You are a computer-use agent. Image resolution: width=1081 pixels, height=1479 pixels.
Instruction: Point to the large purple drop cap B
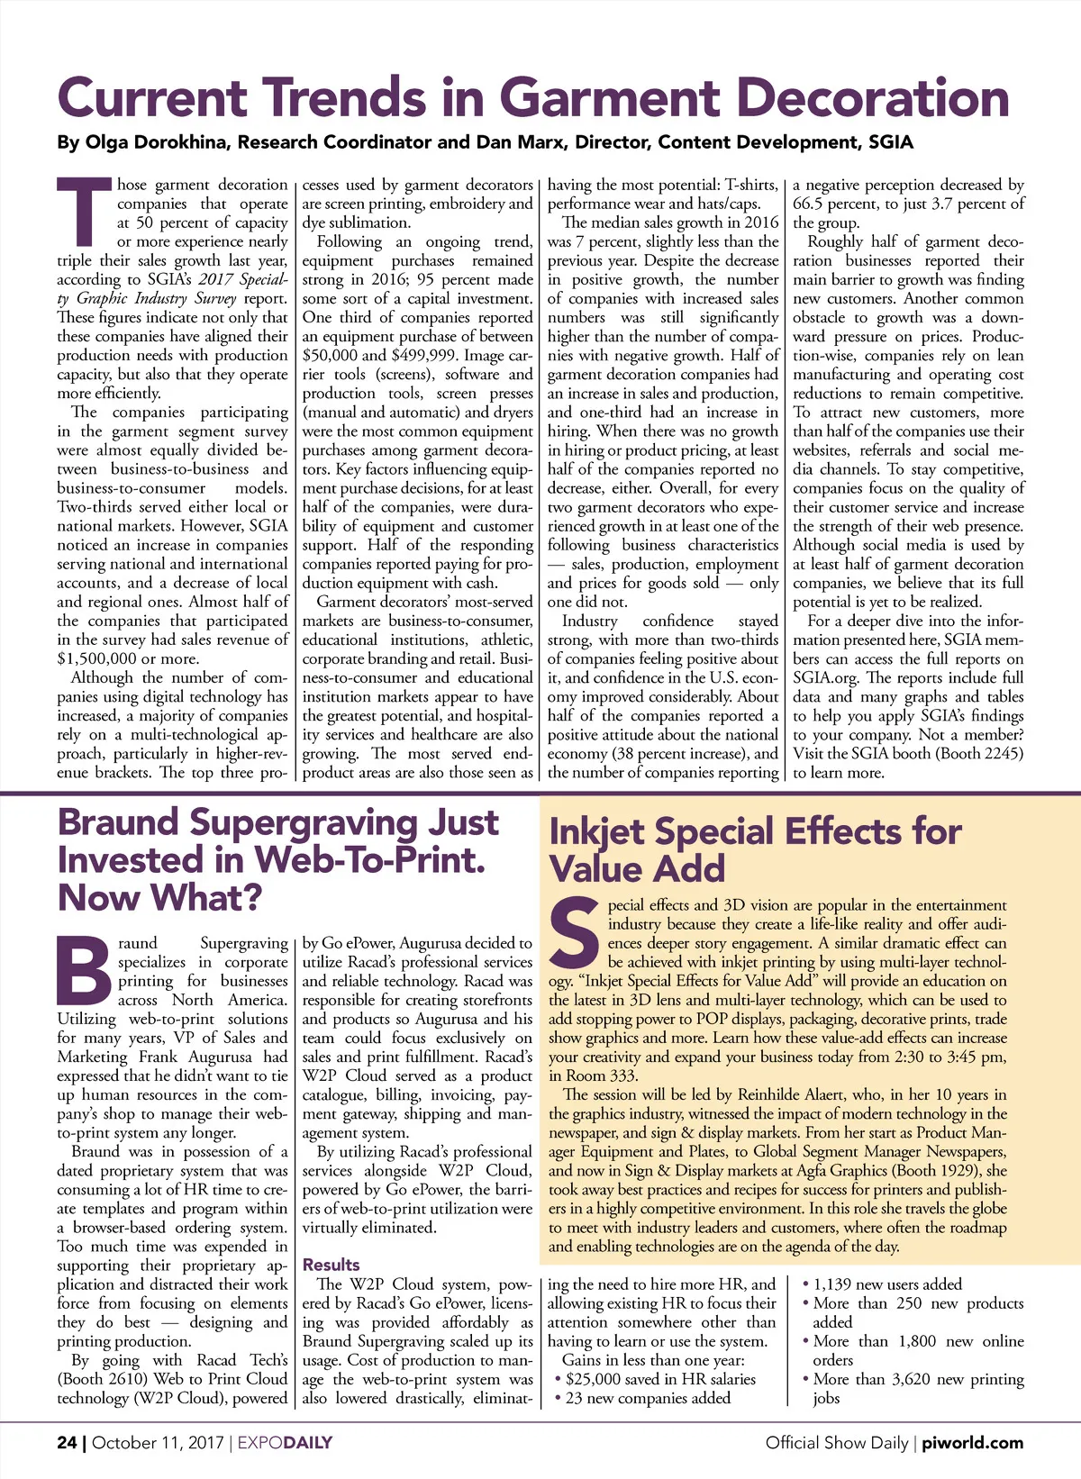[x=84, y=972]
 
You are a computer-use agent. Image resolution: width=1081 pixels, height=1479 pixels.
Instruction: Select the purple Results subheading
[x=331, y=1265]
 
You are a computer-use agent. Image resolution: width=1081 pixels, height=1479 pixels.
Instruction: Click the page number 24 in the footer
[x=67, y=1442]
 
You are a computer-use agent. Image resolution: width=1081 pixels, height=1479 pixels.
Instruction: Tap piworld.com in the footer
[x=972, y=1442]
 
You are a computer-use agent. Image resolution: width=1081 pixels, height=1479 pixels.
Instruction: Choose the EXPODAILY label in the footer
[x=285, y=1442]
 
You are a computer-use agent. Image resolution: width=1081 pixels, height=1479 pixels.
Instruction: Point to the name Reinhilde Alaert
[x=794, y=1094]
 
